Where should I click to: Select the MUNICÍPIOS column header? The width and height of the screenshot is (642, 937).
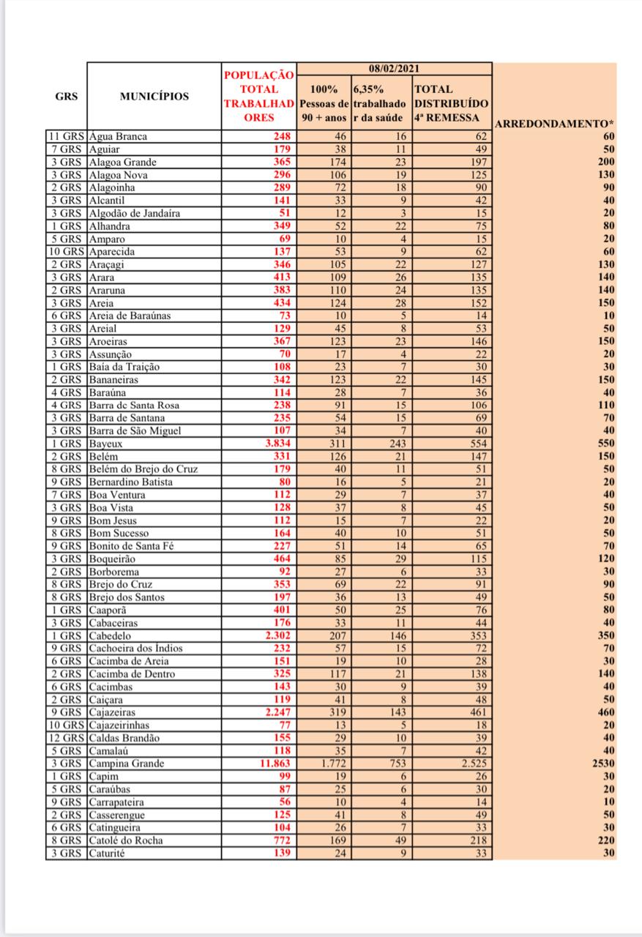click(x=154, y=96)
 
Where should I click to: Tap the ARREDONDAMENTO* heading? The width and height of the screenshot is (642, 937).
click(x=554, y=123)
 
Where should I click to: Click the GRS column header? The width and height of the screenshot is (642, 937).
click(x=67, y=96)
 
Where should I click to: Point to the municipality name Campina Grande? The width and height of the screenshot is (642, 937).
click(x=127, y=764)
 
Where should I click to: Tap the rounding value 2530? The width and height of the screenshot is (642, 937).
click(x=604, y=764)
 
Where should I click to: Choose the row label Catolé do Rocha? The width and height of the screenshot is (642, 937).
click(x=126, y=840)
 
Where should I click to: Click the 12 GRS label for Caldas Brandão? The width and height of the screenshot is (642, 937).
click(x=67, y=738)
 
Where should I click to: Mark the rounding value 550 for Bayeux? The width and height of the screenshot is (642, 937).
click(x=606, y=444)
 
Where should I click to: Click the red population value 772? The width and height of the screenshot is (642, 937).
click(x=282, y=840)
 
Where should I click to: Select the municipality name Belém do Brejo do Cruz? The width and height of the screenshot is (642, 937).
click(x=142, y=469)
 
